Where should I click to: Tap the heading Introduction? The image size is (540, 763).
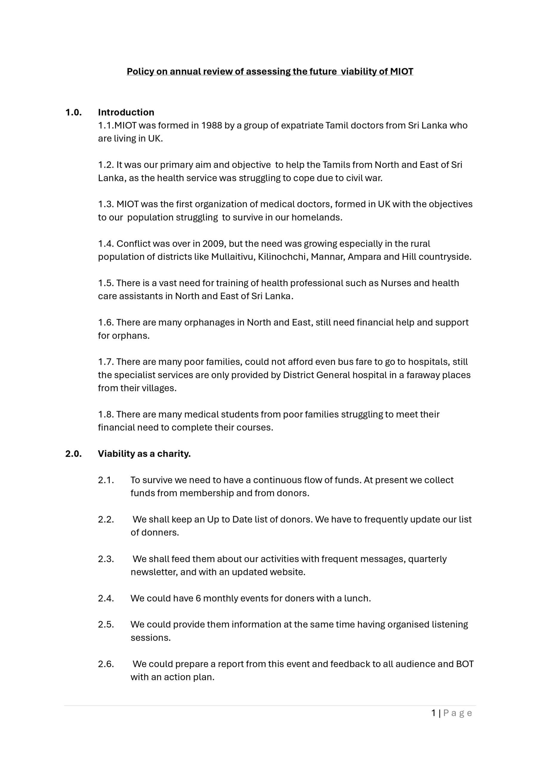[x=126, y=112]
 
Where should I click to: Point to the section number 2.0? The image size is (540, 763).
[x=73, y=454]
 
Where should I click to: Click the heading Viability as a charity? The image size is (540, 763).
[x=144, y=454]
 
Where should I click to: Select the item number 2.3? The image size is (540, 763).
[x=106, y=559]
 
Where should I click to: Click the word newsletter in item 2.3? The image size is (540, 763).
[x=153, y=572]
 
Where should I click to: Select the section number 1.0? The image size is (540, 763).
[x=73, y=112]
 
